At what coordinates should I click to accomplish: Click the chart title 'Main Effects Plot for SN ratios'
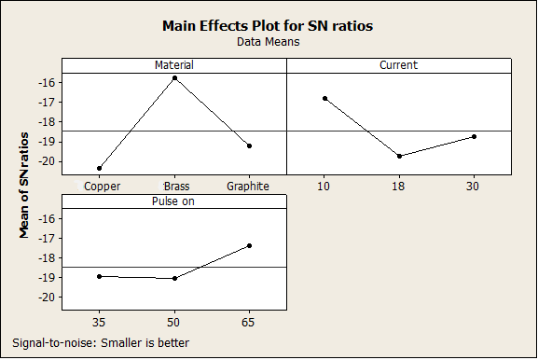268,26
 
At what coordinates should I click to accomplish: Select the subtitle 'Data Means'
269,42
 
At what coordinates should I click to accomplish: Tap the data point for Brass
174,78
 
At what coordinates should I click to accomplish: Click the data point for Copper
99,168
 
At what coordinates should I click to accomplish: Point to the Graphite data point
250,145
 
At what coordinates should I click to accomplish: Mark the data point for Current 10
324,99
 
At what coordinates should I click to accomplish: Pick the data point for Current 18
399,156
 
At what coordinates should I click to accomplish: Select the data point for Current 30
475,136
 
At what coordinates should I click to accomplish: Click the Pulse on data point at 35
99,276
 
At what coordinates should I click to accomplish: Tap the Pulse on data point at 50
174,278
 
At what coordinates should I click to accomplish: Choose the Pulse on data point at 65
250,245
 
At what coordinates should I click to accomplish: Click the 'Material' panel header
174,65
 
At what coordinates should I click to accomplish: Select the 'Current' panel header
399,65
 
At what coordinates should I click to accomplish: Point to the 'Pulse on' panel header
173,201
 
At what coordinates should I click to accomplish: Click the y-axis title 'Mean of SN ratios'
23,186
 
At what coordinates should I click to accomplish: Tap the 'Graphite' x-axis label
248,187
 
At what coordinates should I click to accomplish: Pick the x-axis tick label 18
398,187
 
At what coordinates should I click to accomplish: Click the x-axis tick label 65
248,323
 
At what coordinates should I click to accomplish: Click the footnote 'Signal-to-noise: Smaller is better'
101,343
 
